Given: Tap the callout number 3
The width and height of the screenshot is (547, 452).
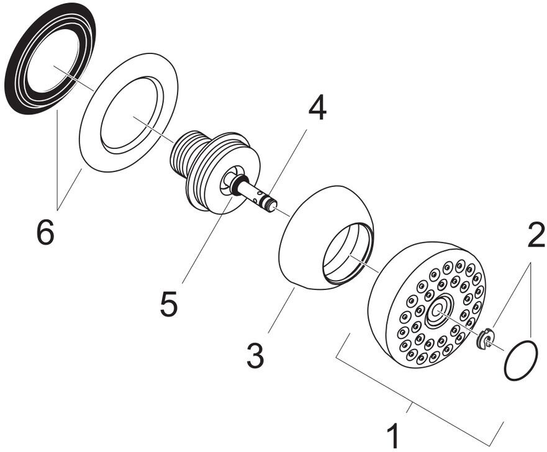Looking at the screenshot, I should click(255, 355).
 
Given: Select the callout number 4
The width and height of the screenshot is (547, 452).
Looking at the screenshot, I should click(317, 109).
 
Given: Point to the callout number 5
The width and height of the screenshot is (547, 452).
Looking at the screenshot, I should click(168, 303).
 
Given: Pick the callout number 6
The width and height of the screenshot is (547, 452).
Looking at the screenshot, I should click(45, 233).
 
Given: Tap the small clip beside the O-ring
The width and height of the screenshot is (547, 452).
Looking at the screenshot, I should click(484, 338).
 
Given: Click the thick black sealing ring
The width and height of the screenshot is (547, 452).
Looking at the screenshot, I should click(19, 81).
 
